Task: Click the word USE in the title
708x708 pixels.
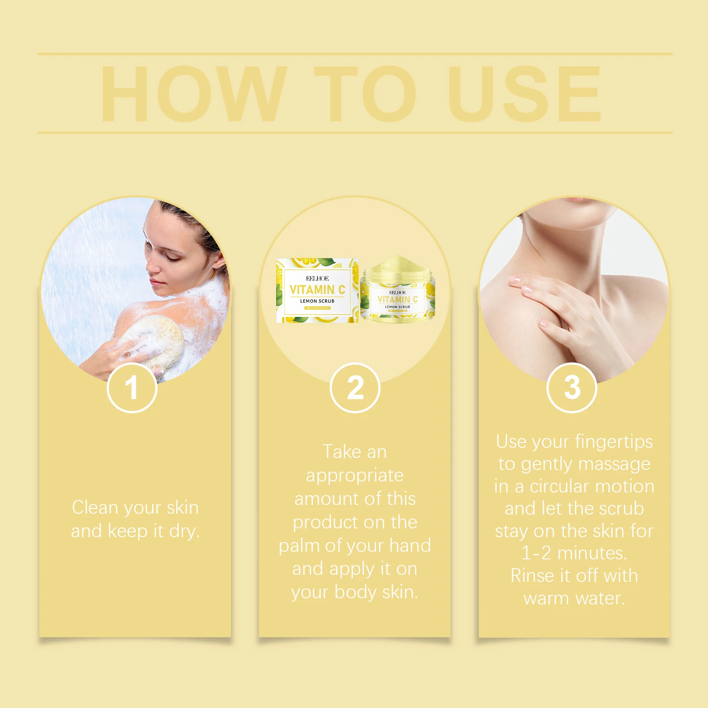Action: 524,93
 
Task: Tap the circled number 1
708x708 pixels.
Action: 132,388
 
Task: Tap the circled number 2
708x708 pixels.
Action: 355,388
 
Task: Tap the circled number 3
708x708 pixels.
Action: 572,388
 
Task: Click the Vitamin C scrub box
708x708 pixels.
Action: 317,290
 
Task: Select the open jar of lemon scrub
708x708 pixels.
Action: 398,290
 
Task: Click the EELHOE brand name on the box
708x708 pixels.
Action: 317,278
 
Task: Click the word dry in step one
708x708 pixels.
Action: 184,531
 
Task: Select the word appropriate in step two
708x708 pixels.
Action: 354,475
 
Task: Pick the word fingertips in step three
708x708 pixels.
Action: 614,442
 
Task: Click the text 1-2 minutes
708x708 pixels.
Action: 574,553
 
